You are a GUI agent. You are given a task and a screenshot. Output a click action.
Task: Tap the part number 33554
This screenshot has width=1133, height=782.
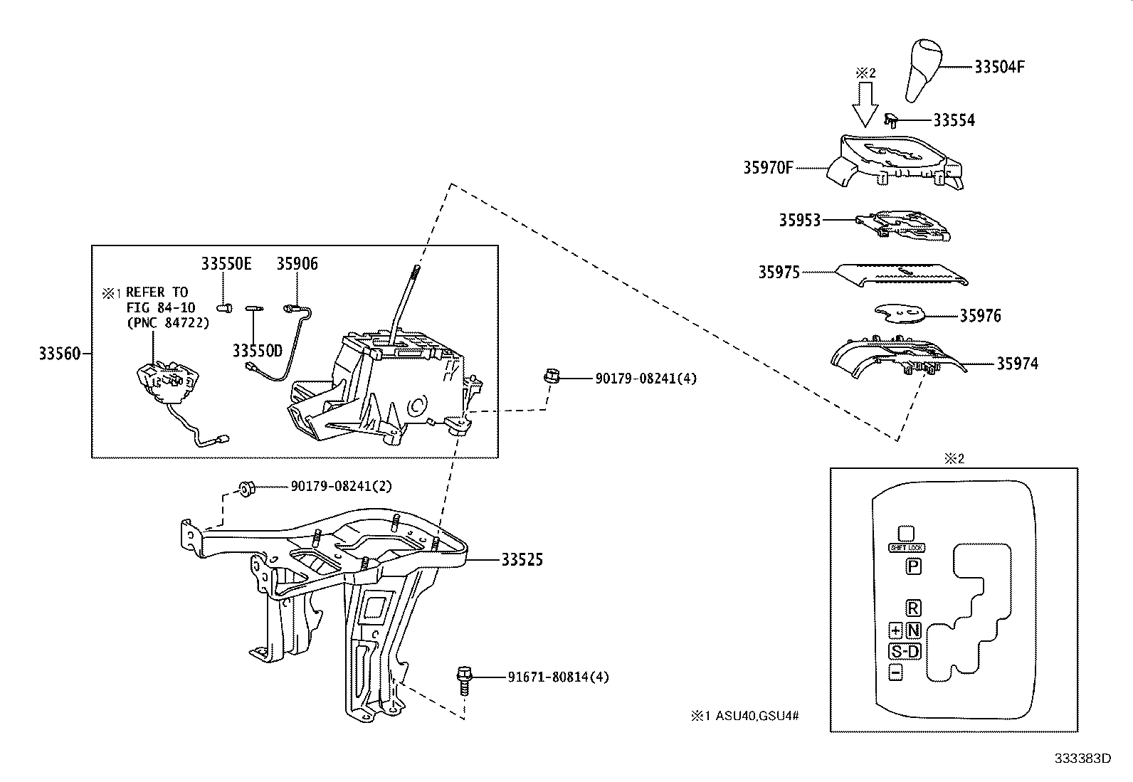pos(954,120)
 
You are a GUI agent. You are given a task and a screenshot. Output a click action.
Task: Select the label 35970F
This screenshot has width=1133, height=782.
pos(767,169)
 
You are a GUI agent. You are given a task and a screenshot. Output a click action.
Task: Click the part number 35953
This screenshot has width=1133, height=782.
pos(799,221)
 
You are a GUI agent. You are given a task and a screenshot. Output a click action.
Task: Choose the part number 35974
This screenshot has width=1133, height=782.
pos(1017,364)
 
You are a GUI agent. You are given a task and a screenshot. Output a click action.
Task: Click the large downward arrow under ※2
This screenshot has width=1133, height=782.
pos(865,103)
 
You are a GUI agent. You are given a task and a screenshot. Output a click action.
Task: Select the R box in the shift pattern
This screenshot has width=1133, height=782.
pos(913,608)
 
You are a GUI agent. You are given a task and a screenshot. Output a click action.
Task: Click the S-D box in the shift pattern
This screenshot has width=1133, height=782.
pos(905,651)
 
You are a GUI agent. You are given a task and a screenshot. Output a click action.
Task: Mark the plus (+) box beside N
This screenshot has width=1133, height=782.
pos(895,630)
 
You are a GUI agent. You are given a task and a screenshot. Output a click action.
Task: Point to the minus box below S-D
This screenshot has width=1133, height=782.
pos(895,672)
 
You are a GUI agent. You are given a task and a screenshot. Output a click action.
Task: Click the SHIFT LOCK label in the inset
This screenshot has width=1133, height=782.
pos(906,548)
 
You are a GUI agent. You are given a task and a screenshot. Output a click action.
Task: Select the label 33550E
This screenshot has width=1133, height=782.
pos(226,264)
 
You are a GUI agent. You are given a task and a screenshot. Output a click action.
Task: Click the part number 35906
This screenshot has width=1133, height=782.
pos(297,264)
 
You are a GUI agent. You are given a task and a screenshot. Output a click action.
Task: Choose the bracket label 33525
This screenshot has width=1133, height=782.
pos(522,560)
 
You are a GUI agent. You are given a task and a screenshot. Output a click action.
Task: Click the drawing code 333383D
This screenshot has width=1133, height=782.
pos(1082,759)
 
